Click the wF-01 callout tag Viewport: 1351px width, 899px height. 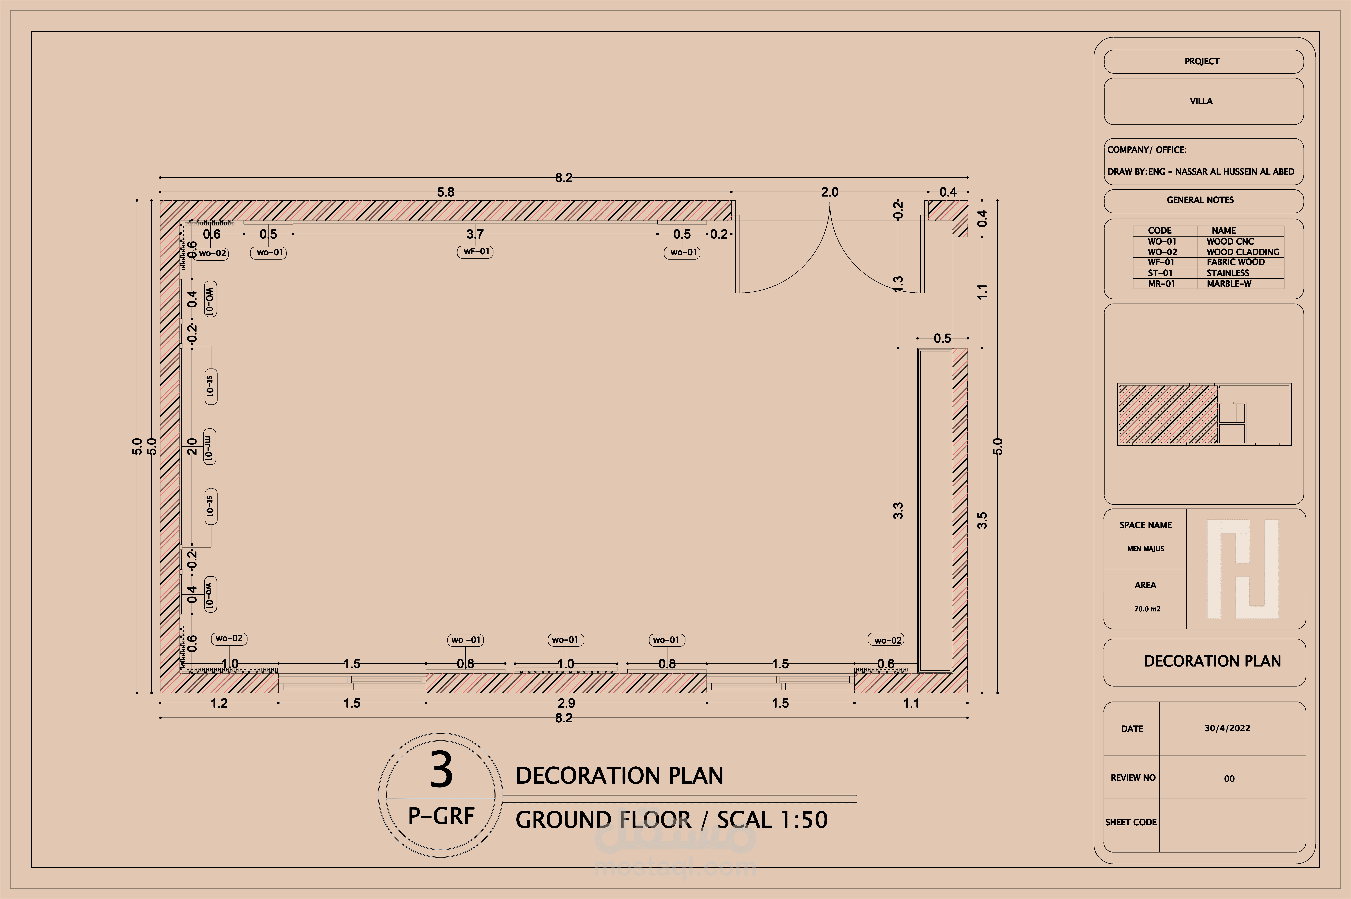pyautogui.click(x=475, y=252)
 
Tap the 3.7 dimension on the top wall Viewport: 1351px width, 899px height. pyautogui.click(x=475, y=234)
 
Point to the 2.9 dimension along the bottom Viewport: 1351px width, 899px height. pyautogui.click(x=566, y=703)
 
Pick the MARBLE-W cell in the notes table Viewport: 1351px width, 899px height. pyautogui.click(x=1229, y=284)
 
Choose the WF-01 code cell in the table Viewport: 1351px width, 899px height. pyautogui.click(x=1161, y=262)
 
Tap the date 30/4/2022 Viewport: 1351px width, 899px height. pyautogui.click(x=1227, y=728)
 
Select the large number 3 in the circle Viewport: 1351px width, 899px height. pyautogui.click(x=441, y=770)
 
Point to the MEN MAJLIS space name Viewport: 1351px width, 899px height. pyautogui.click(x=1145, y=549)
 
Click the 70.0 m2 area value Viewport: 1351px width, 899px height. pyautogui.click(x=1147, y=609)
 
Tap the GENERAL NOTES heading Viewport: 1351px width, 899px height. pyautogui.click(x=1200, y=200)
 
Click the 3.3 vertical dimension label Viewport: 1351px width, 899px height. pyautogui.click(x=898, y=510)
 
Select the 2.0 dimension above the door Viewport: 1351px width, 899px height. pyautogui.click(x=829, y=192)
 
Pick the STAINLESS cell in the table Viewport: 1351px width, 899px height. pyautogui.click(x=1228, y=273)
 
